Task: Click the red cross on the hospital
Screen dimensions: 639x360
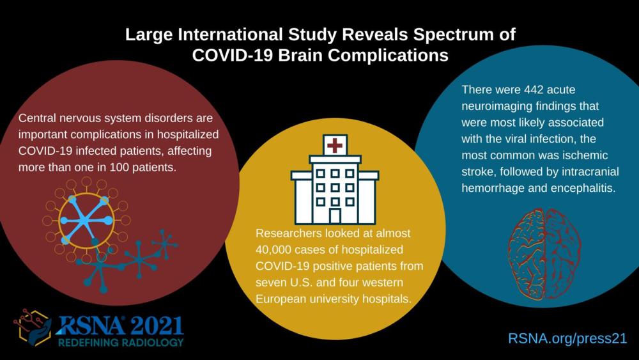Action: point(335,146)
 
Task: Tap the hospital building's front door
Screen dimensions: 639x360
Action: point(335,216)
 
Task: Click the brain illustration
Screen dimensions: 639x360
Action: point(544,254)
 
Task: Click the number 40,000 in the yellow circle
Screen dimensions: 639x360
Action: point(273,249)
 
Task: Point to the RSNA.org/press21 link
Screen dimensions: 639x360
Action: point(567,338)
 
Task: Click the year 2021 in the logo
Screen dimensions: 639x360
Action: point(157,325)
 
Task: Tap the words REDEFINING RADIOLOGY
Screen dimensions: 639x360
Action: point(121,342)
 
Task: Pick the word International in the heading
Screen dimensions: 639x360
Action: point(230,35)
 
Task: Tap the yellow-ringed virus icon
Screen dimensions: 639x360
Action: point(86,221)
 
